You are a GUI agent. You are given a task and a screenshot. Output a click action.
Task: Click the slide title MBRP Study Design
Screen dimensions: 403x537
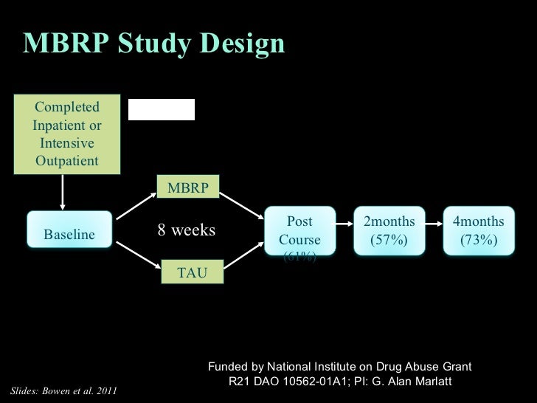153,44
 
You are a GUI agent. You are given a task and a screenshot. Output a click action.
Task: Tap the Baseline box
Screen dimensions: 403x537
69,235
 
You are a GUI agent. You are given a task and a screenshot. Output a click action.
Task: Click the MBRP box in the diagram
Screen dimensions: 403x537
187,187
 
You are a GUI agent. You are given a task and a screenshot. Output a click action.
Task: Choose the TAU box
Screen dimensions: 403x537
187,274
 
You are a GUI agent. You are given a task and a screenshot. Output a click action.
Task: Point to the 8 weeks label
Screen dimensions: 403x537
186,231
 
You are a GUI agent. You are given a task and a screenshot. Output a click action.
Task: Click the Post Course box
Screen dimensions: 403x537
299,231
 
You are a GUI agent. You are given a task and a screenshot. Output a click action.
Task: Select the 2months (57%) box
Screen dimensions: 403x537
389,231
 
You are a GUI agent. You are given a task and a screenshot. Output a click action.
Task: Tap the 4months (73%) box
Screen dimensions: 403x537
478,231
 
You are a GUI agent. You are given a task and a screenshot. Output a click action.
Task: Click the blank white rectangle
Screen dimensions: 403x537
162,109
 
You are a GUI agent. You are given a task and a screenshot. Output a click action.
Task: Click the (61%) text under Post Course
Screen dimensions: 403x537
299,256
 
